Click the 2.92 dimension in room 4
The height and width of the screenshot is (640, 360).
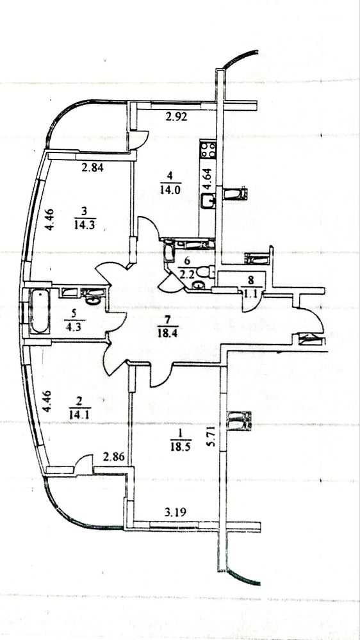click(x=176, y=117)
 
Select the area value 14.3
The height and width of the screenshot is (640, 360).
click(x=85, y=224)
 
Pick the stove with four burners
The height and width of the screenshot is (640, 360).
click(x=208, y=150)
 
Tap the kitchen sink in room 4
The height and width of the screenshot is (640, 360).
click(x=208, y=201)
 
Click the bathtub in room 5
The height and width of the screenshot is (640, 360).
click(x=40, y=311)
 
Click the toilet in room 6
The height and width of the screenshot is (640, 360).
click(x=204, y=272)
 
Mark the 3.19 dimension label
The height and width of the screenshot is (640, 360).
click(x=176, y=512)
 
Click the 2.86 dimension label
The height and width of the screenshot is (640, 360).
click(x=113, y=457)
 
